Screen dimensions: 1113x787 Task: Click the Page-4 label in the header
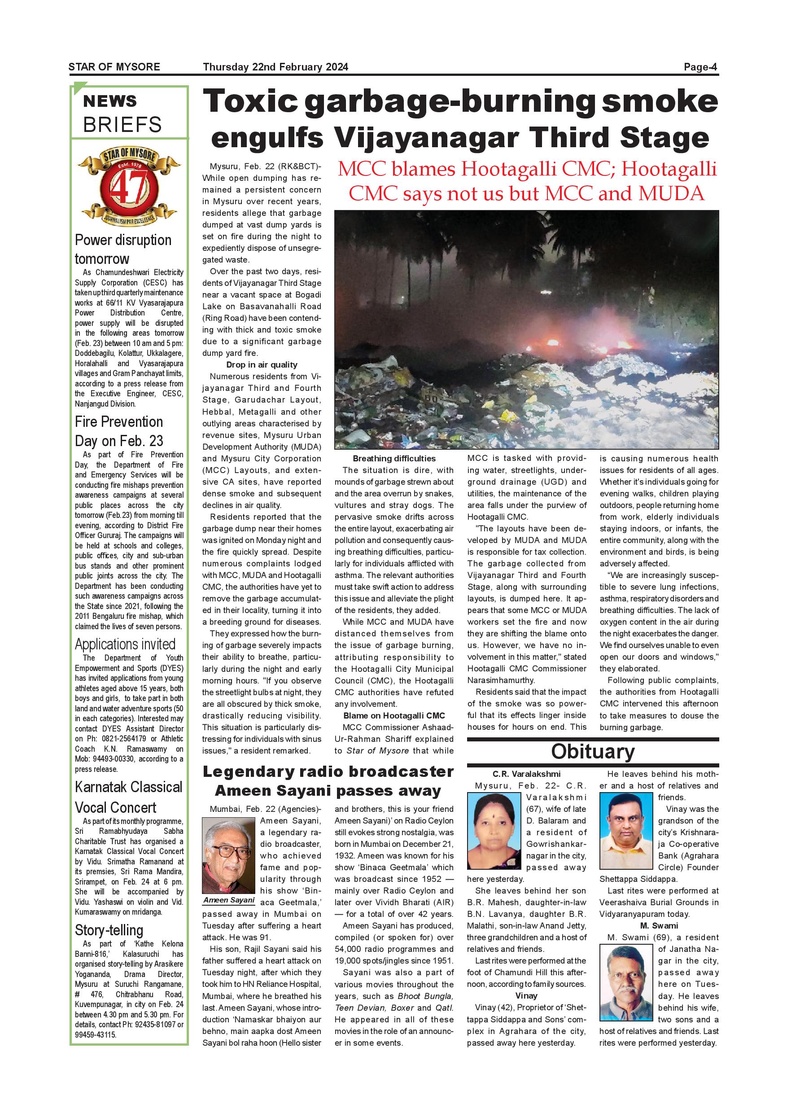[700, 67]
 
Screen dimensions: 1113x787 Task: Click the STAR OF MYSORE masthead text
[114, 67]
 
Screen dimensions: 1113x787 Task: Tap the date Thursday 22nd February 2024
[275, 67]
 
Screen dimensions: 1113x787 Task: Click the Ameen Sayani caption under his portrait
[229, 900]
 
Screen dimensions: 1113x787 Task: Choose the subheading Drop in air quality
[262, 364]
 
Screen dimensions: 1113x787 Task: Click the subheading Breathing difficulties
[394, 458]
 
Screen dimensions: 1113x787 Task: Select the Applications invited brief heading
[125, 644]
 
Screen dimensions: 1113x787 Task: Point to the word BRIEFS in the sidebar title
[122, 125]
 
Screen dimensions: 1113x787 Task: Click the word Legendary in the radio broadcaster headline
[248, 771]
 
